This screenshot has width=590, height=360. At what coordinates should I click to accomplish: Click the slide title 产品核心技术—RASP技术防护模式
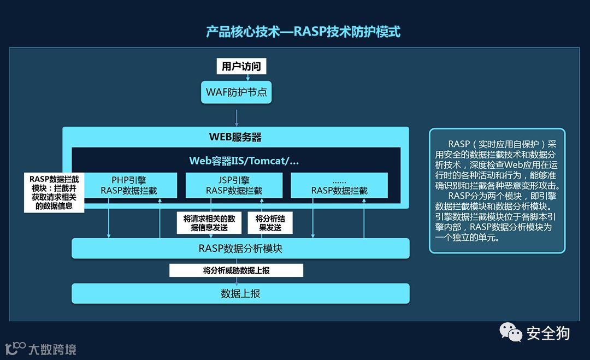point(303,32)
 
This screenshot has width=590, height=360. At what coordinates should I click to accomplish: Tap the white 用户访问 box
point(241,67)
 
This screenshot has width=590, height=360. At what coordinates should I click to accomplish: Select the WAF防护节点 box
point(237,92)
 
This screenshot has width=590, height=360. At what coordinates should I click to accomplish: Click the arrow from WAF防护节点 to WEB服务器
point(237,116)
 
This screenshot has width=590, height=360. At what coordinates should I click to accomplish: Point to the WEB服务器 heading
point(235,137)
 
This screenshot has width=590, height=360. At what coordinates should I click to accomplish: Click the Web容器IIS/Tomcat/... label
point(244,161)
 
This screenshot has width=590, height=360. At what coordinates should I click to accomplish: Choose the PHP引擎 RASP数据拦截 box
point(129,185)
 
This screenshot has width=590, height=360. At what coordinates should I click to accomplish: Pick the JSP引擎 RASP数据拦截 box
point(234,185)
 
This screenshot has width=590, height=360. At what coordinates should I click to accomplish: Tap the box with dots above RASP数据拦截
point(339,185)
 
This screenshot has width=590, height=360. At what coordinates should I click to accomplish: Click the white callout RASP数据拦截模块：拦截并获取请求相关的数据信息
point(54,192)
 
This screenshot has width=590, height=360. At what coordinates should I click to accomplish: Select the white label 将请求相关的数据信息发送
point(209,223)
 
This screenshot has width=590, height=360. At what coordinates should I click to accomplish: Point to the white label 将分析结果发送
point(270,223)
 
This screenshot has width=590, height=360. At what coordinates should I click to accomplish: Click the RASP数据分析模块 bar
point(240,249)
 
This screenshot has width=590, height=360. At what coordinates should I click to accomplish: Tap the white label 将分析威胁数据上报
point(236,270)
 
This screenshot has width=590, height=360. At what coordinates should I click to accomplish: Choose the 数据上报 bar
point(240,293)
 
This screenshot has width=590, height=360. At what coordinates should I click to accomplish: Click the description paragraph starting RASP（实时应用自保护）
point(497,191)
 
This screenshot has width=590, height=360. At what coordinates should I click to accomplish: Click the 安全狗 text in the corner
point(548,333)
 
